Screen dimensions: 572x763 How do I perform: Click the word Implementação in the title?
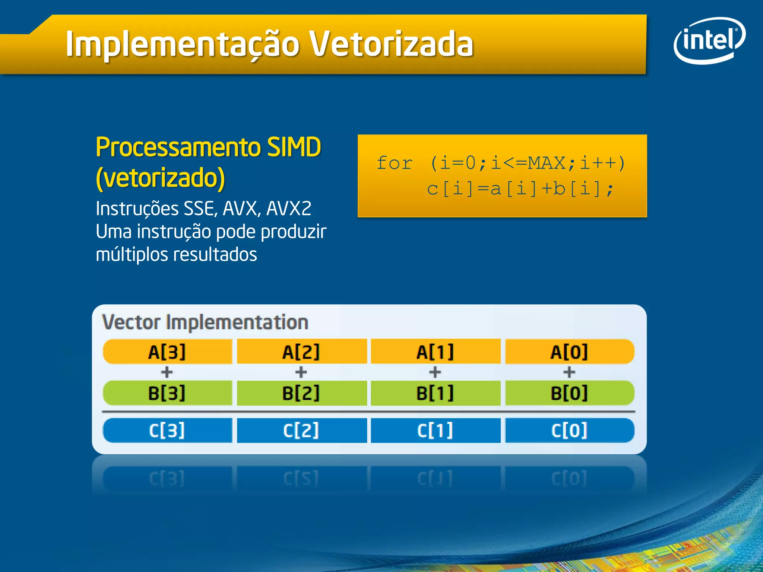click(x=183, y=45)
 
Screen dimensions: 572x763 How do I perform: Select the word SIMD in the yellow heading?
click(x=294, y=147)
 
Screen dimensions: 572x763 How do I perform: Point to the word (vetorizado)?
click(x=160, y=178)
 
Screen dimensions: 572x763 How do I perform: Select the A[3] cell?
click(x=167, y=352)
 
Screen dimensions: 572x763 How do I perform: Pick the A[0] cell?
click(x=569, y=352)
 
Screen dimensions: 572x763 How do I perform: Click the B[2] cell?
click(x=301, y=393)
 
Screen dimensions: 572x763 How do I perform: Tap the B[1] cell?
click(x=435, y=393)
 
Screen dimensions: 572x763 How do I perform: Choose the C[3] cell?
click(x=167, y=430)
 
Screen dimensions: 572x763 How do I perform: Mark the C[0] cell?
click(x=569, y=430)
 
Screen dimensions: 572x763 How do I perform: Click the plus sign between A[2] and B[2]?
click(x=301, y=372)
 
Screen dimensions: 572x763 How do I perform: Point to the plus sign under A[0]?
click(x=569, y=372)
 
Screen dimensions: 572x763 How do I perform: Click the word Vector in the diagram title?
click(x=132, y=322)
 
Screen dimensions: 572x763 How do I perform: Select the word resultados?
click(x=215, y=255)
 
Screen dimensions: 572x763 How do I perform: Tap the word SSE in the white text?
click(x=200, y=209)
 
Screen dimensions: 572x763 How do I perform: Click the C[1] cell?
click(x=435, y=430)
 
